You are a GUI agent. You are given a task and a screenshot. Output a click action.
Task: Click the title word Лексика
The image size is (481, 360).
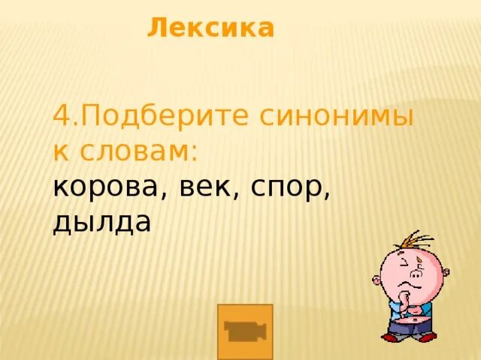[210, 28]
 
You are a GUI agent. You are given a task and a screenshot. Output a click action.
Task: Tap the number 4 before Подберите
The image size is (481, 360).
[62, 116]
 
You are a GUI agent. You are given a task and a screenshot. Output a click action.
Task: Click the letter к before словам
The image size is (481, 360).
[60, 151]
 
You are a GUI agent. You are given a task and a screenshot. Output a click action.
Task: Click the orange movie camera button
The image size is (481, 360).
[244, 331]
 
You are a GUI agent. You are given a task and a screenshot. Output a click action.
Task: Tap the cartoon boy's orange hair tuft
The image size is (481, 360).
[414, 241]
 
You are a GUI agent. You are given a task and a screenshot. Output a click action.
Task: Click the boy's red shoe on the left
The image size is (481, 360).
[390, 336]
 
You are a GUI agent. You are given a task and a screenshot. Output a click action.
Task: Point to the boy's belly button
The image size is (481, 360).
[415, 320]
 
